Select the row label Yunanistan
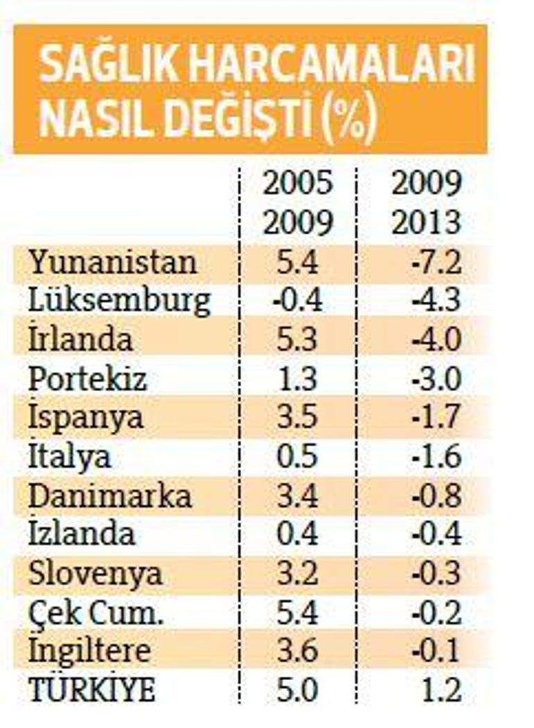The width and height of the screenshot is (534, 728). tap(113, 262)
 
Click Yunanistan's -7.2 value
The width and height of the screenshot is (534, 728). tap(436, 262)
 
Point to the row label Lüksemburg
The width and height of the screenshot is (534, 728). tap(119, 302)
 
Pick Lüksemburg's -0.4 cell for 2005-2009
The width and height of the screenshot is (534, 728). tap(298, 301)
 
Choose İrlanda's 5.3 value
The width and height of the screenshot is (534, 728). tap(298, 340)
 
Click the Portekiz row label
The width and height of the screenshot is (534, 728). tap(87, 379)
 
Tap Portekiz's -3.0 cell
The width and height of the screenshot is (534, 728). tap(436, 379)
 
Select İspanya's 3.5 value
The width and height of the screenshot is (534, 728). tap(298, 417)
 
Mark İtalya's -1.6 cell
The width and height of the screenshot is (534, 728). tap(436, 456)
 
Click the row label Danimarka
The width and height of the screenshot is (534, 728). tap(110, 496)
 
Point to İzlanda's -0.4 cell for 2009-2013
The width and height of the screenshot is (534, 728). tap(436, 534)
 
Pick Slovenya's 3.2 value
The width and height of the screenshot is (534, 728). tap(298, 573)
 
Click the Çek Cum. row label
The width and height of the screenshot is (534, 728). tap(96, 614)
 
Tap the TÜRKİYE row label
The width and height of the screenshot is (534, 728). tap(92, 691)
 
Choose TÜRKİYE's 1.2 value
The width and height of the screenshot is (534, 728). tap(441, 691)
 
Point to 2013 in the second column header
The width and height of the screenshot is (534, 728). tap(427, 223)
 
